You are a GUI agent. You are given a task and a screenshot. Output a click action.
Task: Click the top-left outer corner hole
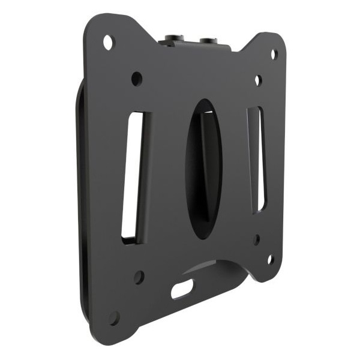pyautogui.click(x=109, y=43)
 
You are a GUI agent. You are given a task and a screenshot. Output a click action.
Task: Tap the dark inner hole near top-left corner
pyautogui.click(x=137, y=78)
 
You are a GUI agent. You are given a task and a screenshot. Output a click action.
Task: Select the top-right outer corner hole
pyautogui.click(x=274, y=54)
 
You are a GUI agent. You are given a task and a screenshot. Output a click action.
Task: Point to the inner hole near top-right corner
pyautogui.click(x=257, y=80)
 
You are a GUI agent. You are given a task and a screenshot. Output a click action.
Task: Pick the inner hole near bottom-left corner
pyautogui.click(x=139, y=277)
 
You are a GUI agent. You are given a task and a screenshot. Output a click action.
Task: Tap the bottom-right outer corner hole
pyautogui.click(x=270, y=259)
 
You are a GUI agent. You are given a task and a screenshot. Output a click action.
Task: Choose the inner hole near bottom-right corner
pyautogui.click(x=257, y=239)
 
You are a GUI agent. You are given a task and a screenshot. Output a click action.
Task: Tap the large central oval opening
pyautogui.click(x=203, y=168)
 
